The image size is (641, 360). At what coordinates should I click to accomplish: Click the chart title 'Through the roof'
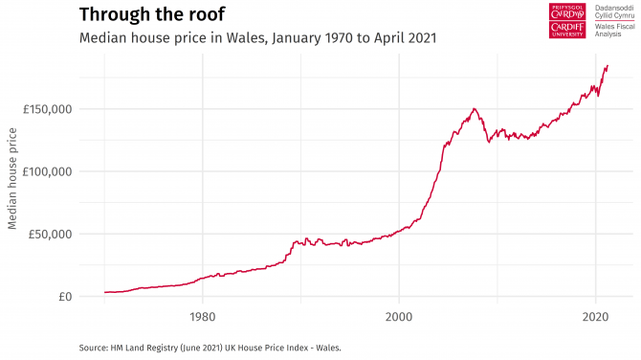(154, 14)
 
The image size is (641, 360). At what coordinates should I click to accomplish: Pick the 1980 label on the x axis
(202, 315)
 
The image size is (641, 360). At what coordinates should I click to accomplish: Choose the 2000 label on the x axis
(399, 315)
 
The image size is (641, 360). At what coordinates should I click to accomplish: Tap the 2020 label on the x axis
(595, 315)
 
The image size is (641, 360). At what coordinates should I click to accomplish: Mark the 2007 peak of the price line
(474, 109)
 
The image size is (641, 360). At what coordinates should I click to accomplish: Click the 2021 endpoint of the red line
(608, 65)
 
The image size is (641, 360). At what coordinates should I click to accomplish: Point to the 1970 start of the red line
(104, 292)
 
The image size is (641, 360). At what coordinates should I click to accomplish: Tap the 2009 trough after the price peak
(489, 142)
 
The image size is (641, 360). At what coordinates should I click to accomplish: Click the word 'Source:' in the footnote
(93, 347)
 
